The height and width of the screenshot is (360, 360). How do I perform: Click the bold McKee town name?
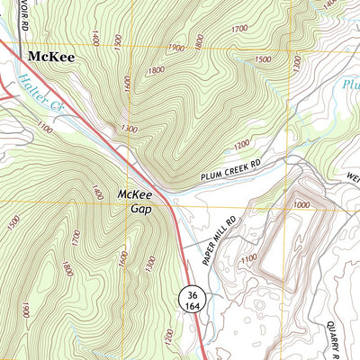point(51,56)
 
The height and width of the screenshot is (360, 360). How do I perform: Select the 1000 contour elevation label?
point(301,205)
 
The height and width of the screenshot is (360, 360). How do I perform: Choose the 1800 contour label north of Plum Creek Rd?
point(156,69)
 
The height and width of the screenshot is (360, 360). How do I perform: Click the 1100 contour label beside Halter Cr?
point(46,130)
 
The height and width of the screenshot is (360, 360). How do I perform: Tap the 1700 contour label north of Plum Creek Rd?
point(238,30)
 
